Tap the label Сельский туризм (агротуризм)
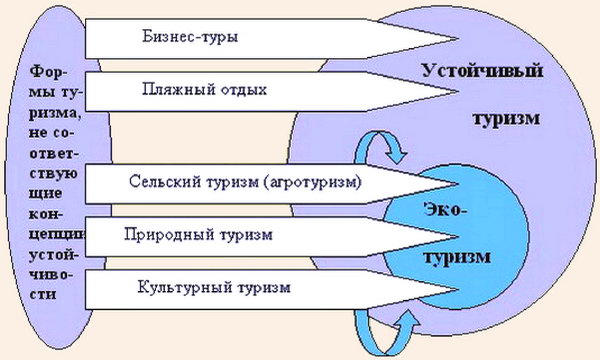click(x=245, y=183)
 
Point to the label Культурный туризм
click(x=212, y=288)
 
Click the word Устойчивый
click(x=490, y=73)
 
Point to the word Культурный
click(x=177, y=288)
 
